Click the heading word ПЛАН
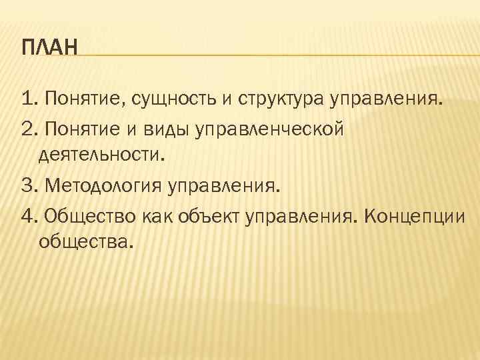tap(49, 48)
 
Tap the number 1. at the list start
tap(29, 101)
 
